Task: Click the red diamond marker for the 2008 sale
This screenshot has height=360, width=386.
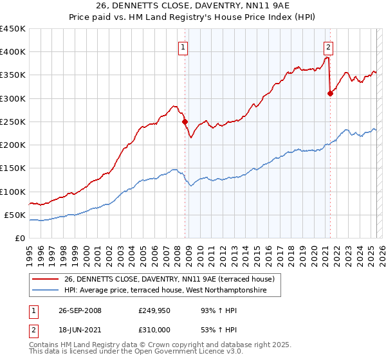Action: (x=185, y=122)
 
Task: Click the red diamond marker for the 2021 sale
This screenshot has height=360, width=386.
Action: (x=330, y=93)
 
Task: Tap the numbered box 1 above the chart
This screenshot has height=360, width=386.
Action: (x=183, y=46)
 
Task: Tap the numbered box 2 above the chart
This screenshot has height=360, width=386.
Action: (x=328, y=46)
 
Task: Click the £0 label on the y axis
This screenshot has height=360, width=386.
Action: (x=20, y=238)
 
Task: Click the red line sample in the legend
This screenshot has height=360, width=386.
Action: (x=45, y=279)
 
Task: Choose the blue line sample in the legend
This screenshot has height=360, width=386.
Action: (x=45, y=291)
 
